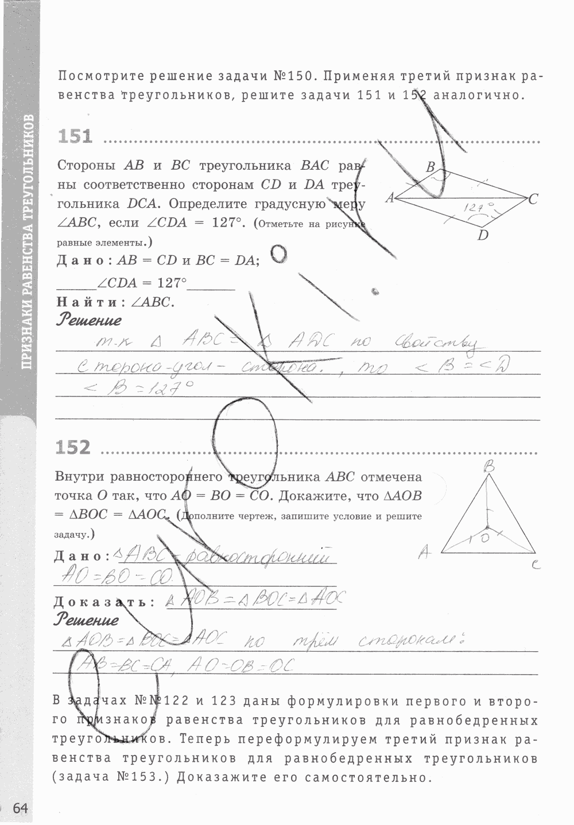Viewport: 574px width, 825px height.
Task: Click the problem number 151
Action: (75, 137)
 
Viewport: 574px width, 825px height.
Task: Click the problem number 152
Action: (73, 447)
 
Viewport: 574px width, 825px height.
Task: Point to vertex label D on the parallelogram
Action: (483, 235)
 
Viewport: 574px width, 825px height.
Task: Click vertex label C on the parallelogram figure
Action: (533, 199)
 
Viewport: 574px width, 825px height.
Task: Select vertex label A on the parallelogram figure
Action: (390, 198)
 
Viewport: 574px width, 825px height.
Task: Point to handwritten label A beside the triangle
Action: (425, 552)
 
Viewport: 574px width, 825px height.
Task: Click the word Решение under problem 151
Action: (89, 320)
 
